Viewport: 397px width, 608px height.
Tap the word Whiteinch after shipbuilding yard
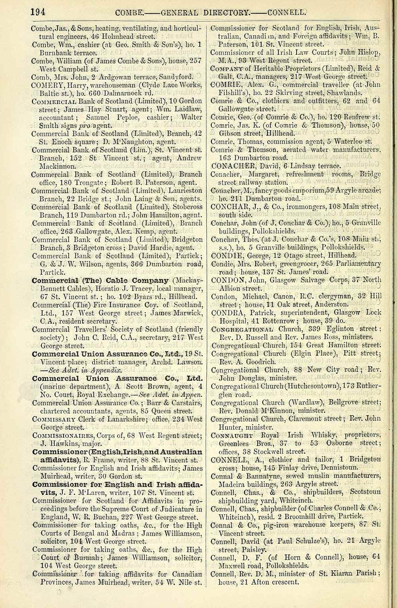coord(284,500)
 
